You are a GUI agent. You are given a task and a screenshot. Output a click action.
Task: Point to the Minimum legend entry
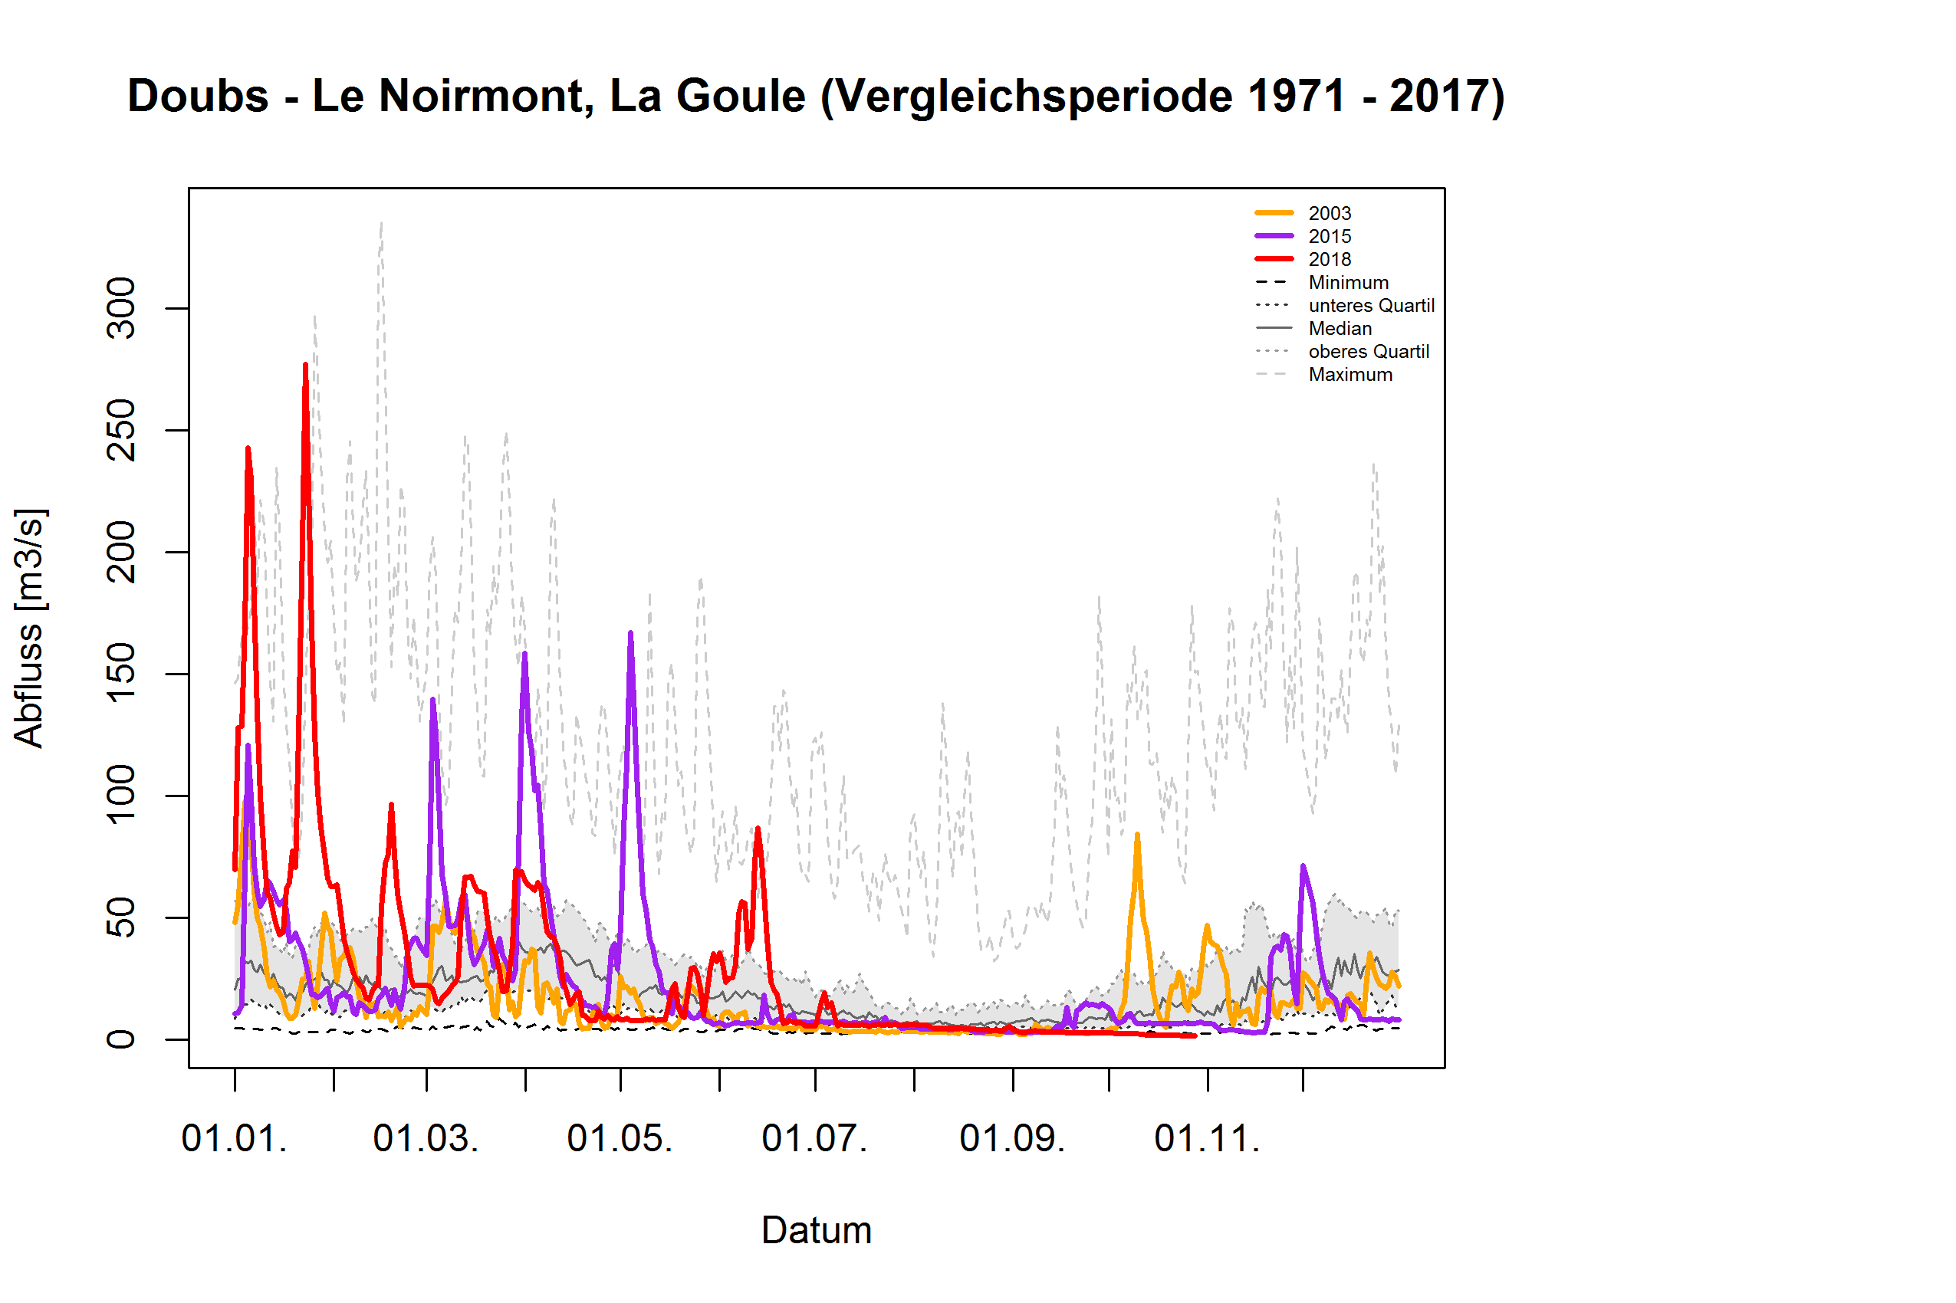tap(1347, 283)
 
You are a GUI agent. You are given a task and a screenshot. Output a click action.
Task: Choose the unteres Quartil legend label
tap(1371, 306)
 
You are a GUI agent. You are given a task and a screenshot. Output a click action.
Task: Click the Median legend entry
tap(1340, 329)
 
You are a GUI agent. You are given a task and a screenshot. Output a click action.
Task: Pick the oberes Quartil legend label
tap(1369, 352)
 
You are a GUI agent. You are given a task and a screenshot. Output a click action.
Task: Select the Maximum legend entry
tap(1350, 375)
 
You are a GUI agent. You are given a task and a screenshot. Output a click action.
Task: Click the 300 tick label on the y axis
tap(121, 308)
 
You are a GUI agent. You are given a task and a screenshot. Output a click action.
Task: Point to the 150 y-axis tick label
tap(121, 673)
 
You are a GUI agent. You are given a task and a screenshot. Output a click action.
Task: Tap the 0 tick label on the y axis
tap(121, 1039)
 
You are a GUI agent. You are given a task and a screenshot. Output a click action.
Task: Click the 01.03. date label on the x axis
tap(426, 1138)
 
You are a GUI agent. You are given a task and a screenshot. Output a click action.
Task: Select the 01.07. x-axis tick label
tap(814, 1138)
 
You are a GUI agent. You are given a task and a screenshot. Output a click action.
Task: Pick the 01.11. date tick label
tap(1207, 1138)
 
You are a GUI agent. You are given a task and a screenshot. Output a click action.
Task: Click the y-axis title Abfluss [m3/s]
tap(29, 629)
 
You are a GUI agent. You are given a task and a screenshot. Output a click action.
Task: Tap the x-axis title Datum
tap(817, 1231)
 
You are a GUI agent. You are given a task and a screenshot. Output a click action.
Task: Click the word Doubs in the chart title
tap(198, 97)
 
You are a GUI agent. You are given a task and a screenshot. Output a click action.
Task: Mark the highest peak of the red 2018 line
tap(306, 365)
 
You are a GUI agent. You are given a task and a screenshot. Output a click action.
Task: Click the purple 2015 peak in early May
tap(631, 633)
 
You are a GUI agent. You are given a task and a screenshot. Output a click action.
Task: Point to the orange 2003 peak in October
tap(1137, 835)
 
